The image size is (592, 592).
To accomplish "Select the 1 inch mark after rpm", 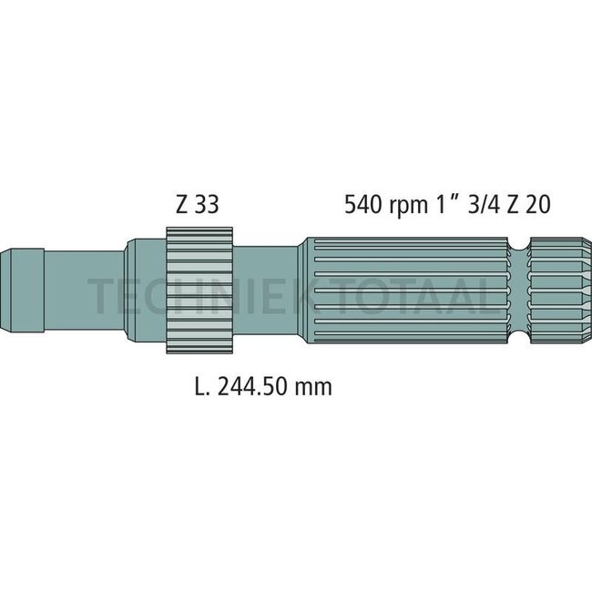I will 453,203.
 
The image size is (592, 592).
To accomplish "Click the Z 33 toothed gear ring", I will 199,291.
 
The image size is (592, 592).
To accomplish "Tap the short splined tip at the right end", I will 558,291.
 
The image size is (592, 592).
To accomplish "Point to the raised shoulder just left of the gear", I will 143,291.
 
